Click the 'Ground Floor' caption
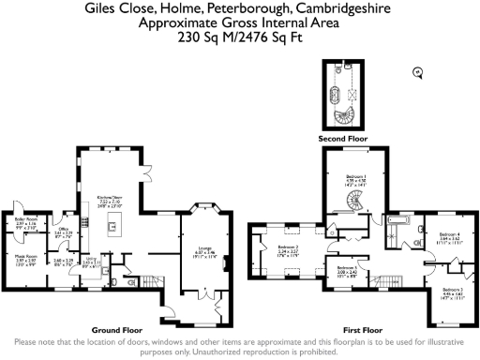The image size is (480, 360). point(116,330)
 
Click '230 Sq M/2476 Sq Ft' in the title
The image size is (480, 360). point(239,40)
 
